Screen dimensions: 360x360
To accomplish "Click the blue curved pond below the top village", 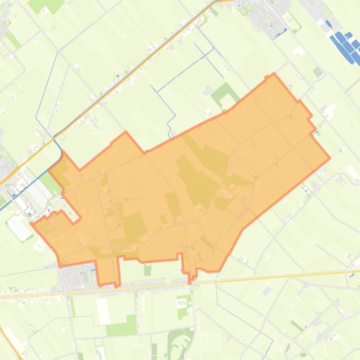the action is tap(281, 32).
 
